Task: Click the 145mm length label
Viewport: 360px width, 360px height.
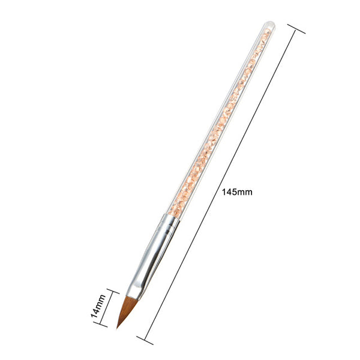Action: point(237,192)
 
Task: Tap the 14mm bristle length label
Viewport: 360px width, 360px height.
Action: point(98,306)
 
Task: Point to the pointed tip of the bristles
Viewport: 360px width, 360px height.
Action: point(117,328)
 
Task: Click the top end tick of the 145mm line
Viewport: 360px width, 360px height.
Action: point(296,29)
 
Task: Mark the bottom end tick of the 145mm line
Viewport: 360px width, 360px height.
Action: point(145,340)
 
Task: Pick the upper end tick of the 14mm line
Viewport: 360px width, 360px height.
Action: point(113,291)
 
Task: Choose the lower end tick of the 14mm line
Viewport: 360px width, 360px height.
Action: point(100,325)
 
